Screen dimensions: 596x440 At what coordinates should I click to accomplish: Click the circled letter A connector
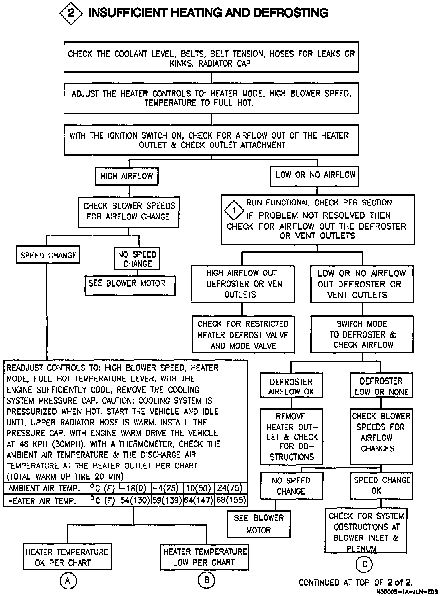click(68, 581)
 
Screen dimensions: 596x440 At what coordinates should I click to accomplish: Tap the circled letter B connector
click(207, 580)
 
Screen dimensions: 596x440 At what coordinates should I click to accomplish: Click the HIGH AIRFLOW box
click(127, 176)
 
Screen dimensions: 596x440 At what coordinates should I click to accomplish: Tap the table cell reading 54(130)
click(135, 500)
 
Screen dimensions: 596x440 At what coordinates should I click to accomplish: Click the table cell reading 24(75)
click(230, 488)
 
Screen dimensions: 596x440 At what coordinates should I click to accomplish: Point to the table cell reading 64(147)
click(198, 500)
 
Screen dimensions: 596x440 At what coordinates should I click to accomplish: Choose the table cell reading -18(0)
click(135, 488)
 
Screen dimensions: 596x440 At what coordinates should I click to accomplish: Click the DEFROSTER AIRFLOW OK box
click(291, 387)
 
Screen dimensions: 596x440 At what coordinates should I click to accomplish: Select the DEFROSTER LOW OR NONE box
click(381, 386)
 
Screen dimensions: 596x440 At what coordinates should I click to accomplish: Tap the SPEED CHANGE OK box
click(381, 485)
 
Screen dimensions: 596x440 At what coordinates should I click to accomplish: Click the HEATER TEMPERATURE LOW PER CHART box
click(204, 557)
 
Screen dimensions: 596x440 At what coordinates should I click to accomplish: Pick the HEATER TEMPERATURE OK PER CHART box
click(67, 557)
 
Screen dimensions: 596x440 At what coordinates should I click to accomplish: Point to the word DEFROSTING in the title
click(291, 13)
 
